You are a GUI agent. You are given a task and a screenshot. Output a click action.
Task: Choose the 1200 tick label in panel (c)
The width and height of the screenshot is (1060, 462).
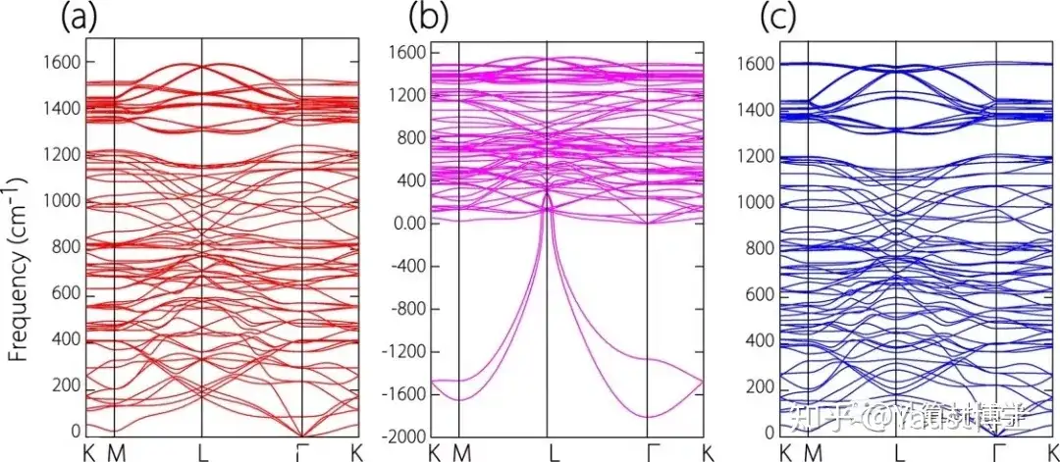click(x=756, y=157)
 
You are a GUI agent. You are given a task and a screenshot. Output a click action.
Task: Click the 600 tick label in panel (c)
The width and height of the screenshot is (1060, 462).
click(x=760, y=294)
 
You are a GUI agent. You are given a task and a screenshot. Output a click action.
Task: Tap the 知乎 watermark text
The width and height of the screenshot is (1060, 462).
click(x=826, y=420)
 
